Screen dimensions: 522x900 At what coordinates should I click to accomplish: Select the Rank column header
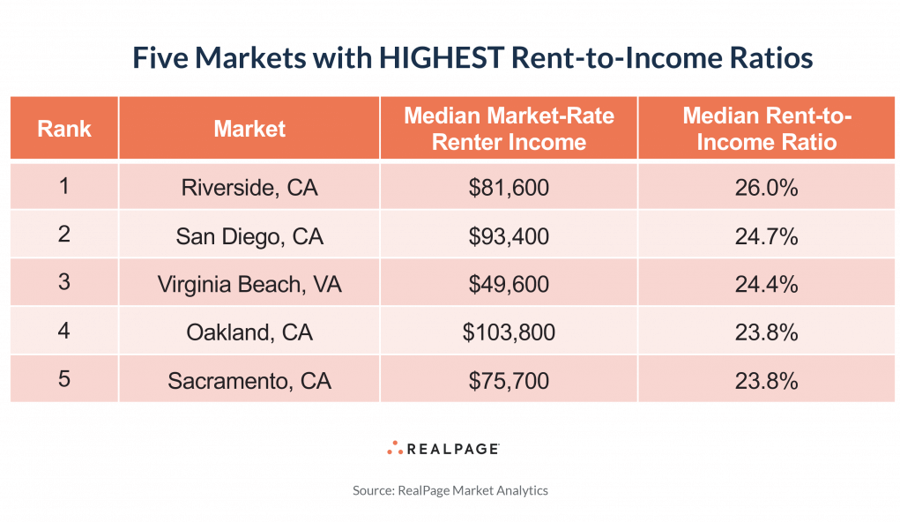point(64,129)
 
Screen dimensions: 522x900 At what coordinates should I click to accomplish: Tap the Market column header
point(249,129)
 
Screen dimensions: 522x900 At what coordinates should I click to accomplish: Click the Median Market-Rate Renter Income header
point(509,129)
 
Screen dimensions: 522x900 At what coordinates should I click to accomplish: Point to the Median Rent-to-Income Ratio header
point(766,129)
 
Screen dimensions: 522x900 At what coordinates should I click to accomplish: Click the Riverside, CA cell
point(249,187)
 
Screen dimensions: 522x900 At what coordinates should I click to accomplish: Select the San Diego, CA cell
point(249,236)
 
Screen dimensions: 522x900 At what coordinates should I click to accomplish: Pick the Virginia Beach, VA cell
point(249,284)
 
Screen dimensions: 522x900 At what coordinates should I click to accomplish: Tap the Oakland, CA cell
point(249,332)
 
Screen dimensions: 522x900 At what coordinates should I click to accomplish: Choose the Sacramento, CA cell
point(249,381)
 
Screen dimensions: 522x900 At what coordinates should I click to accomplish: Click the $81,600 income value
point(509,187)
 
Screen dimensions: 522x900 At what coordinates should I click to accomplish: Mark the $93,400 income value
point(509,236)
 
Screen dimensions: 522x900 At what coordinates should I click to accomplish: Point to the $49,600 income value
point(509,284)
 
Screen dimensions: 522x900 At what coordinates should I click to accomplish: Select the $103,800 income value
point(509,332)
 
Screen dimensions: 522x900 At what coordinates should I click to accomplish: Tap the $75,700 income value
point(509,381)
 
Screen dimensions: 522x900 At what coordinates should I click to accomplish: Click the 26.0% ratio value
point(766,187)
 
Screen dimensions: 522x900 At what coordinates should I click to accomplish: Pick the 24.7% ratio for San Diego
point(766,236)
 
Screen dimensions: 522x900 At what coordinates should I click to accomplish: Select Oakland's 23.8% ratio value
point(766,332)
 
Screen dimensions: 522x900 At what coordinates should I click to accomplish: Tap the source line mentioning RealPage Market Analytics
point(450,490)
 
